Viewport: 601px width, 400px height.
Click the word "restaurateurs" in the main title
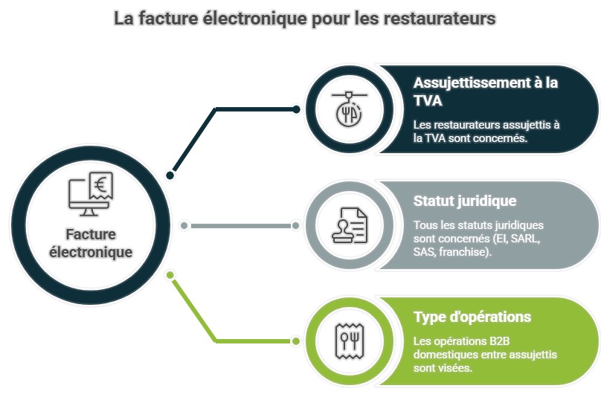pos(443,18)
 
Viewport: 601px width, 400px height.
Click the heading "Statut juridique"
pos(464,201)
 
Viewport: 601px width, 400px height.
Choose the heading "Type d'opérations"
pos(472,317)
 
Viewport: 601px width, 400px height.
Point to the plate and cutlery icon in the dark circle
pos(347,110)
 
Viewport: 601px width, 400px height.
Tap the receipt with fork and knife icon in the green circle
pos(347,341)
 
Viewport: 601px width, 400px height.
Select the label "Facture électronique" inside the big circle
pos(90,243)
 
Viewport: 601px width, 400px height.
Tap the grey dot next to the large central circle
pos(184,225)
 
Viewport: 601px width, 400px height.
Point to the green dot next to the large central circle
pos(170,275)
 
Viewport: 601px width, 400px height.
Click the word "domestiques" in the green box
pos(446,354)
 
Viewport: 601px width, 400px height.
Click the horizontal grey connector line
pos(240,225)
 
